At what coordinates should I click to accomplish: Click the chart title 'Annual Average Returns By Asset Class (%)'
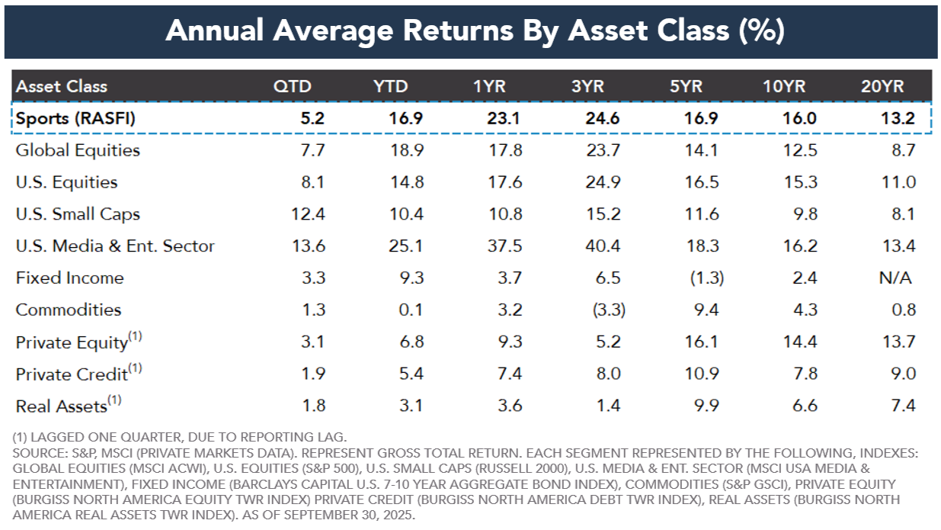475,30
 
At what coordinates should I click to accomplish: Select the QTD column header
293,86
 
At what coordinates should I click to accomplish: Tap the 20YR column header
882,86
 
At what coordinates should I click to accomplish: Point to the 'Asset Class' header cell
62,86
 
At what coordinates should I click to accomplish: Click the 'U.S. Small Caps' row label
78,214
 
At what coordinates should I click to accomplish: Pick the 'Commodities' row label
68,310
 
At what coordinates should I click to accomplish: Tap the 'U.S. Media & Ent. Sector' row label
115,246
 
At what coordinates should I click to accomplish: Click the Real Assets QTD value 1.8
315,406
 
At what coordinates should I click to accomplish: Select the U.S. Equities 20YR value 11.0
898,182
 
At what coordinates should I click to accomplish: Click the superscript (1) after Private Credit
135,368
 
